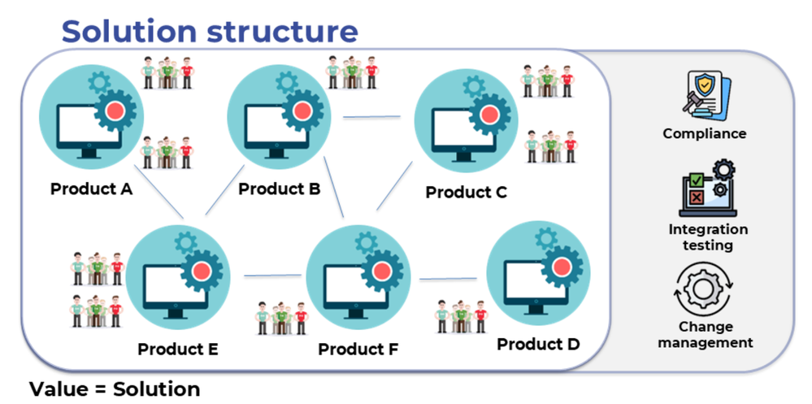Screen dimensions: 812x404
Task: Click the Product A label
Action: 91,189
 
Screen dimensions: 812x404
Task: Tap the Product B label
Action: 279,189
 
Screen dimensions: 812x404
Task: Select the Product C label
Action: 466,192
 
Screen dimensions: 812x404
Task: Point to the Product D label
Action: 538,344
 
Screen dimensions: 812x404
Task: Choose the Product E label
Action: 178,350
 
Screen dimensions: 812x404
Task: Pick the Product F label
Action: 358,350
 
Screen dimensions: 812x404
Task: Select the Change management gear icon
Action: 703,289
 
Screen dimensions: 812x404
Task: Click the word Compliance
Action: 705,133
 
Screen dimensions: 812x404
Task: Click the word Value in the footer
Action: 55,389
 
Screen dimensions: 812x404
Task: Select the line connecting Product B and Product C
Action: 371,117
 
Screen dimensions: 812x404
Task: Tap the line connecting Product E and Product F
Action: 272,276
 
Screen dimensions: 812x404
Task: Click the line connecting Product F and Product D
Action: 448,279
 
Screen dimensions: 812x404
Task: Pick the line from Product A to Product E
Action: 158,192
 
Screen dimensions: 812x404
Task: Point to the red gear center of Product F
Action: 382,271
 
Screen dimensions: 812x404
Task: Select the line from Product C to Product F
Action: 394,185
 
